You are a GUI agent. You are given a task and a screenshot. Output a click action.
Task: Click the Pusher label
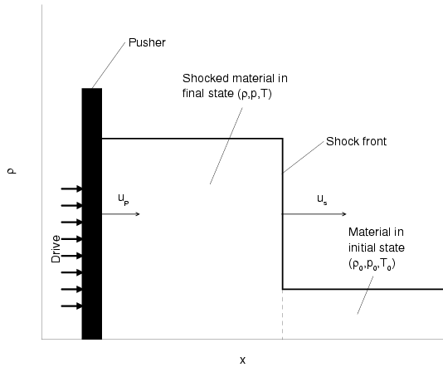click(x=147, y=42)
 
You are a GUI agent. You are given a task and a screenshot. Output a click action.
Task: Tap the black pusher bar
click(x=92, y=213)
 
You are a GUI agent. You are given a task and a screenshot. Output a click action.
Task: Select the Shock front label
click(x=356, y=141)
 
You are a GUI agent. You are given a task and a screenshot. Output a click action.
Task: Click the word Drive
click(x=56, y=249)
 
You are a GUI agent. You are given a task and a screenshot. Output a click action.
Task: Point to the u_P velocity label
click(x=124, y=199)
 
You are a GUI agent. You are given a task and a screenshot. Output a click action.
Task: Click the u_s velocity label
click(x=322, y=199)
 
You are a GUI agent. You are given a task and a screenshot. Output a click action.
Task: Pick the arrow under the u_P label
click(x=120, y=214)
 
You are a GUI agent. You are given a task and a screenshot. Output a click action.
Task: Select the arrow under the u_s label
click(x=314, y=214)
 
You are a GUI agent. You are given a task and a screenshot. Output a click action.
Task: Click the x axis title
click(x=243, y=360)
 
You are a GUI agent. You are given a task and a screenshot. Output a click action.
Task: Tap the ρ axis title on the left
click(x=12, y=171)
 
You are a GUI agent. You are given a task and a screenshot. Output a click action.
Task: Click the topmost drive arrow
click(x=72, y=188)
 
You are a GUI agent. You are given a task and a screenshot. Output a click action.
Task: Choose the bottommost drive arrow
click(x=72, y=306)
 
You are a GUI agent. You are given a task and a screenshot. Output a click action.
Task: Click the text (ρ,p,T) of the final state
click(x=255, y=94)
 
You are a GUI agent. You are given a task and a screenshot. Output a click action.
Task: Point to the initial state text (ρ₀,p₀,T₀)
click(x=372, y=265)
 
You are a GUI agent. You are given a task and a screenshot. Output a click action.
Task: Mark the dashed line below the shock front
click(x=283, y=315)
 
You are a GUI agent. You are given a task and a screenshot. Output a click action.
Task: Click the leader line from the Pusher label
click(x=109, y=66)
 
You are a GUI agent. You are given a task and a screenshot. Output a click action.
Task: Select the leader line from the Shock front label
click(x=304, y=157)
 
